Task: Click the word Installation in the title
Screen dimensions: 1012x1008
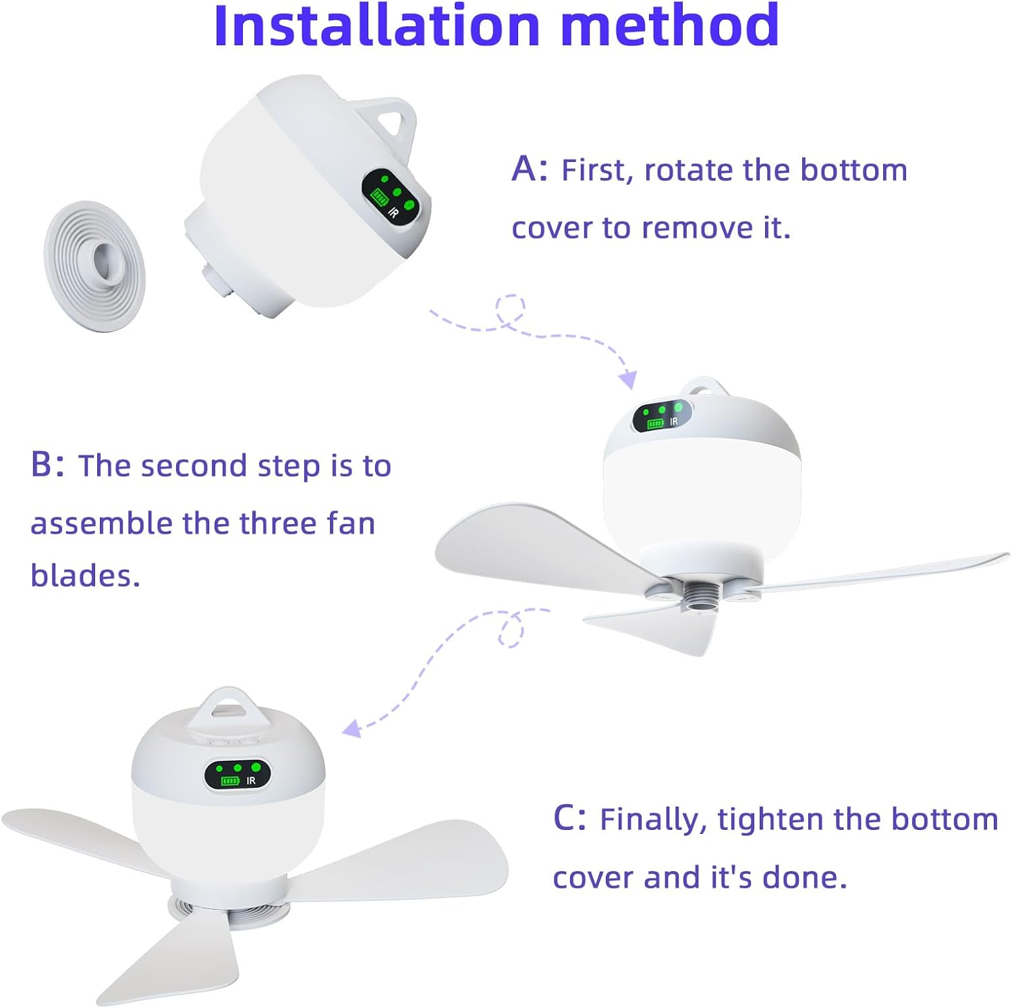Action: (376, 25)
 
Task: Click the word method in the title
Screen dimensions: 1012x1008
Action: (670, 25)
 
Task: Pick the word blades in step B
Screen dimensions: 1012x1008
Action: (85, 575)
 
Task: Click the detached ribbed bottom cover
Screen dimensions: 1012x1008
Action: (94, 266)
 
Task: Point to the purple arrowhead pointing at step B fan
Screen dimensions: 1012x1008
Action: (628, 379)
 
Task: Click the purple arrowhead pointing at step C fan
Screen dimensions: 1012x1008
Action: (352, 729)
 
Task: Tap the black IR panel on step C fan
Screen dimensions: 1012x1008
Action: (237, 775)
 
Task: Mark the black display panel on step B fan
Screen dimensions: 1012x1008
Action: (662, 416)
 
